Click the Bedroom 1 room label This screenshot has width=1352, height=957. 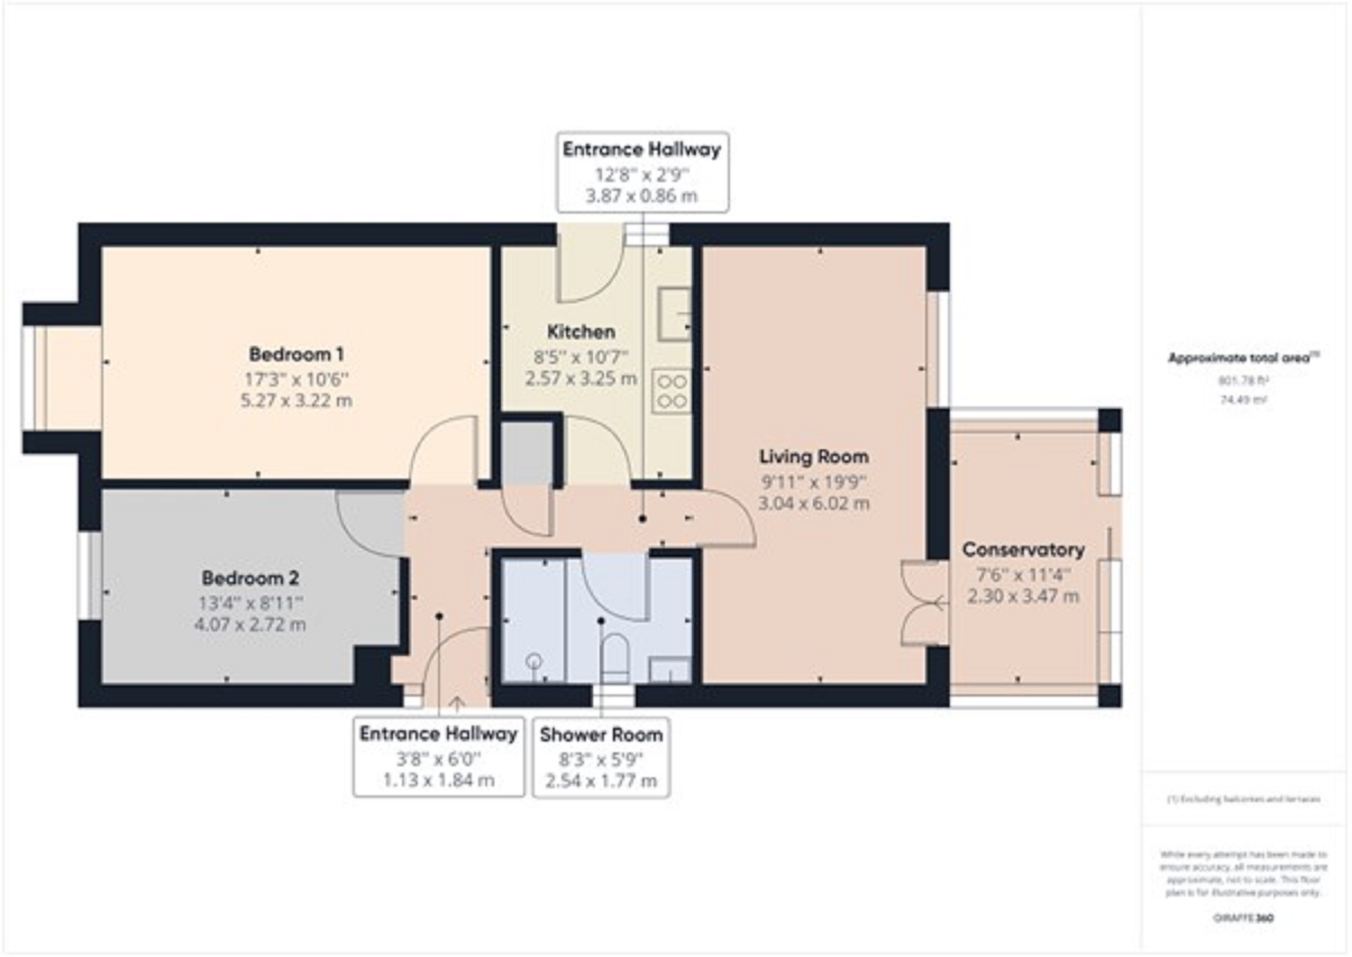coord(296,355)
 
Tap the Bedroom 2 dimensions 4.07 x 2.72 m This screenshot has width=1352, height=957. coord(250,624)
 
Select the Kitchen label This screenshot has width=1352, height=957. coord(581,332)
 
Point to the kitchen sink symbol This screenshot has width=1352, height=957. coord(674,314)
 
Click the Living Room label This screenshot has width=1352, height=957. coord(814,457)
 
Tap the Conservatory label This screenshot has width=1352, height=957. coord(1023,550)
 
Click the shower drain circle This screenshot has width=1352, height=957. coord(534,661)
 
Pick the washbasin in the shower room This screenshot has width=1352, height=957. coord(670,670)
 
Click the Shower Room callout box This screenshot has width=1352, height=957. coord(601,757)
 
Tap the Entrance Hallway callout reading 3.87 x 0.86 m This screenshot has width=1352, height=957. coord(642,172)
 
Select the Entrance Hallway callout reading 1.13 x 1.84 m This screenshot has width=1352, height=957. coord(438,757)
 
